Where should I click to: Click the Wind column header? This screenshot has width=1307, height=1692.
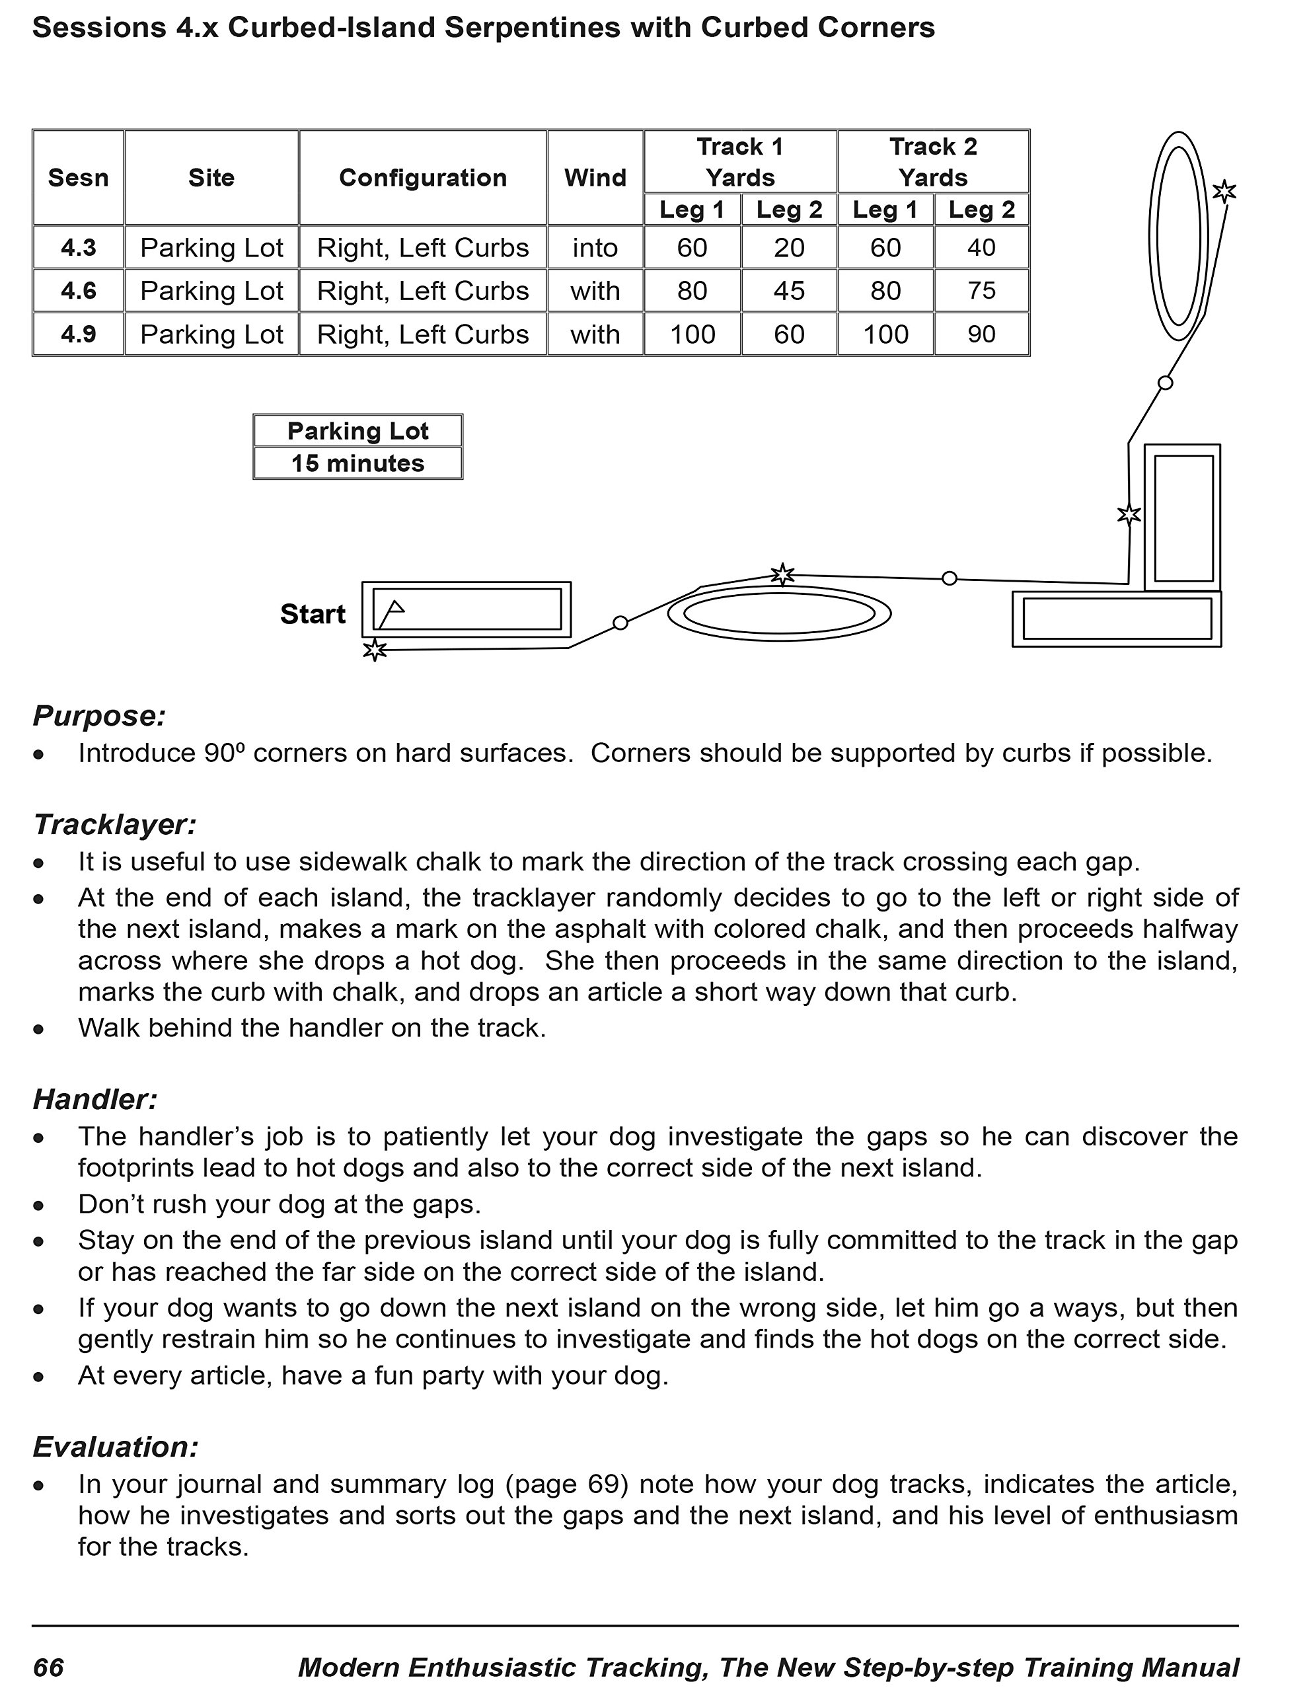pyautogui.click(x=595, y=177)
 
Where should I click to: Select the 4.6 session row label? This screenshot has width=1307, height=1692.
pyautogui.click(x=78, y=291)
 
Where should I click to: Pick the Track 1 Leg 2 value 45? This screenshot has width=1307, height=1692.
pyautogui.click(x=789, y=291)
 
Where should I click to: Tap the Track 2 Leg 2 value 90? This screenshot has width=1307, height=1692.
pyautogui.click(x=981, y=334)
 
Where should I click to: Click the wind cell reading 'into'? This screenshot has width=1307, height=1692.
pyautogui.click(x=595, y=248)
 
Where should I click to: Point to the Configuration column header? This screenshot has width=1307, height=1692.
pyautogui.click(x=423, y=177)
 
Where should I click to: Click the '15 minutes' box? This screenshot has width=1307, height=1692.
pyautogui.click(x=358, y=463)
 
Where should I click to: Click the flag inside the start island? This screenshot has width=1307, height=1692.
pyautogui.click(x=391, y=612)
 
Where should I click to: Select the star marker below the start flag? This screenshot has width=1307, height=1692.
pyautogui.click(x=375, y=649)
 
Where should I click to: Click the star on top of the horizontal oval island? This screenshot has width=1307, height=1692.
pyautogui.click(x=782, y=574)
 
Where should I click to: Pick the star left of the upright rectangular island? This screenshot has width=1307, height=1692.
pyautogui.click(x=1129, y=514)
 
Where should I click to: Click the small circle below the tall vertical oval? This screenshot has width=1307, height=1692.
pyautogui.click(x=1165, y=382)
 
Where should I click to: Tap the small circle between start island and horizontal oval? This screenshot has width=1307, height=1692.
pyautogui.click(x=620, y=622)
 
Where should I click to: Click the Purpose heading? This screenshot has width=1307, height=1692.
pyautogui.click(x=99, y=716)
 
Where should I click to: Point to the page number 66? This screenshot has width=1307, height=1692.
pyautogui.click(x=48, y=1667)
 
